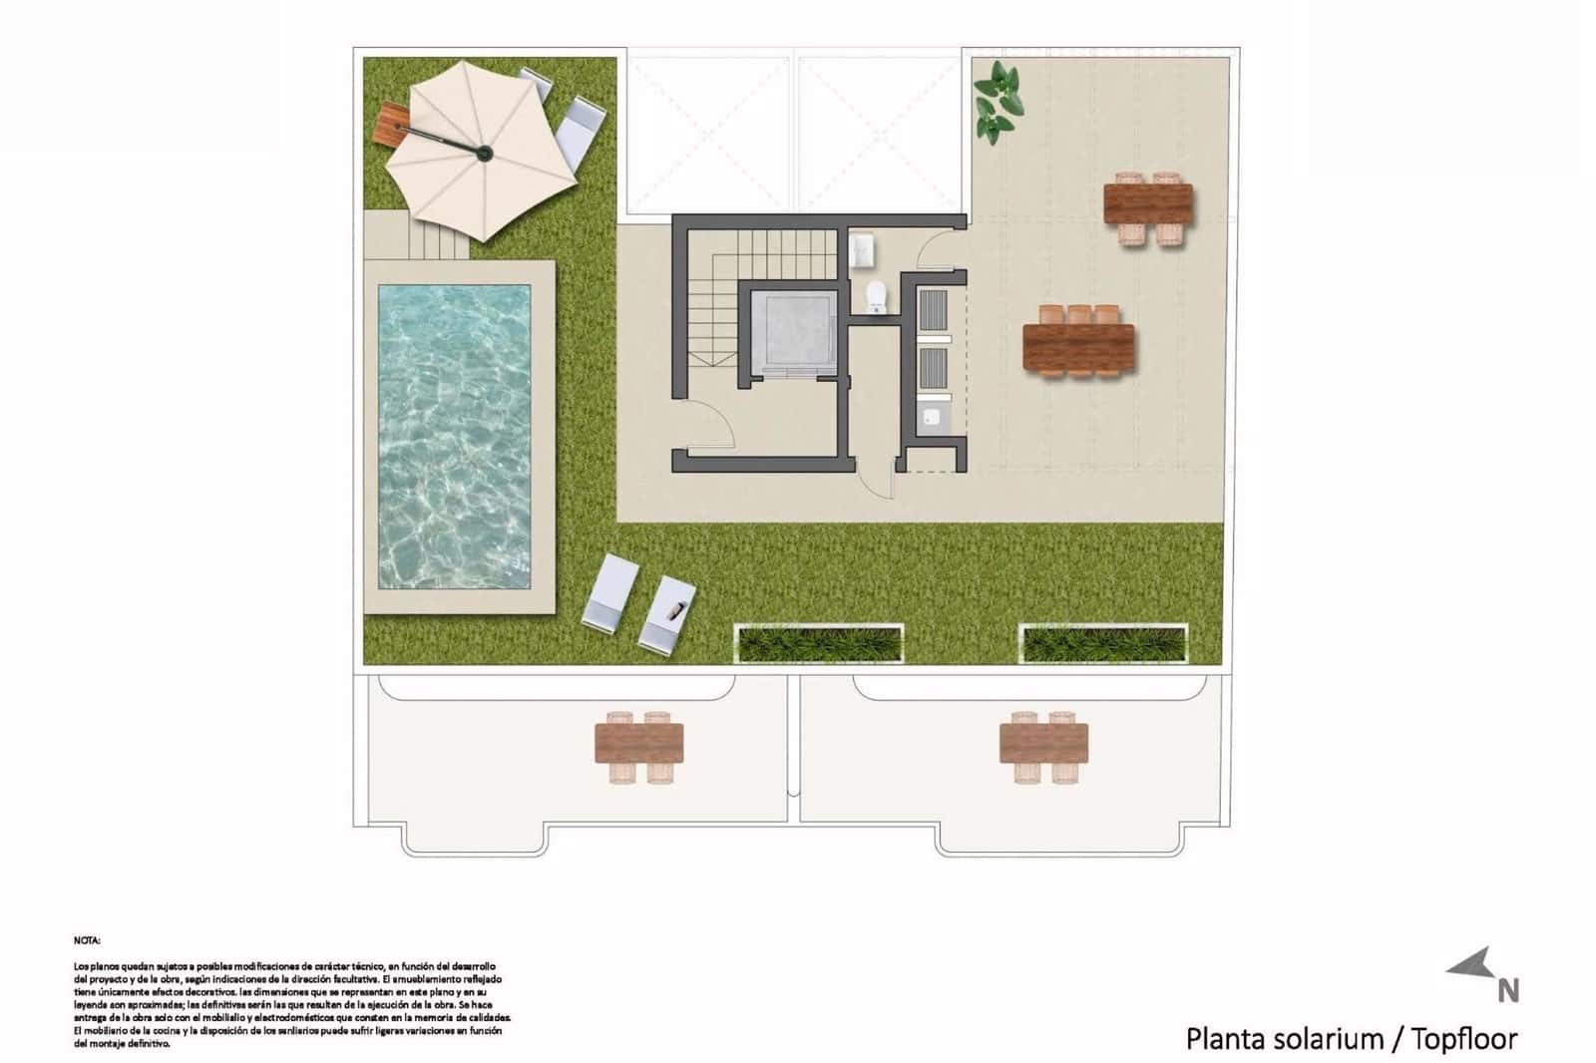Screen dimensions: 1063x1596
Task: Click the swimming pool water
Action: coord(454,436)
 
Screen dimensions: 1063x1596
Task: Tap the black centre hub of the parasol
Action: coord(484,153)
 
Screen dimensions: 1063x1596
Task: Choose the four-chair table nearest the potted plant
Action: coord(1148,204)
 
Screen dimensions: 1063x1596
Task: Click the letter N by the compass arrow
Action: coord(1508,990)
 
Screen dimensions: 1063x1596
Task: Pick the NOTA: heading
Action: coord(87,940)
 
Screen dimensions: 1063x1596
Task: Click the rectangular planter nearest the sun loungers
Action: coord(818,644)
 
